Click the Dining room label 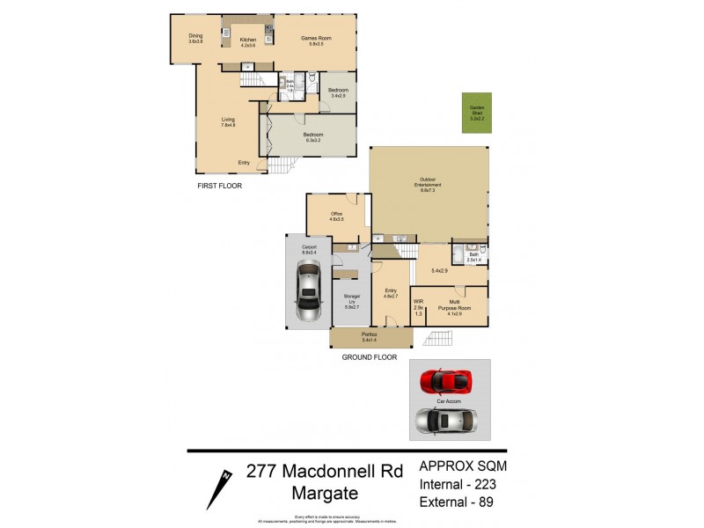194,39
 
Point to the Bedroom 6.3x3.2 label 313,136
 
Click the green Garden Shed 476,113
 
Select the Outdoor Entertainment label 429,185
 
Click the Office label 336,216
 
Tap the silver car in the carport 308,293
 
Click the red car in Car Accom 445,380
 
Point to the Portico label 370,336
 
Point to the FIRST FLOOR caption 220,186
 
